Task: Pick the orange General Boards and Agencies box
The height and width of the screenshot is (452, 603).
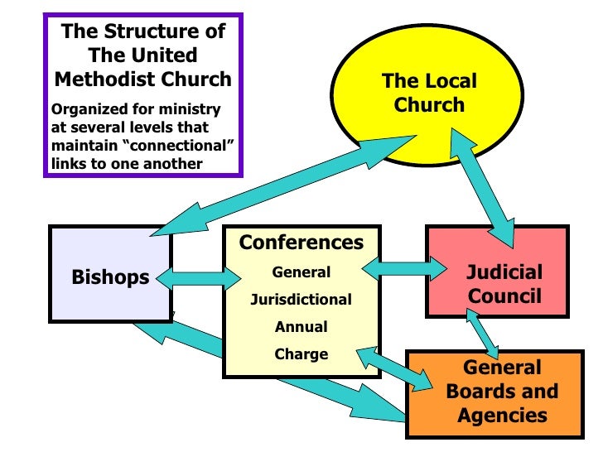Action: (502, 392)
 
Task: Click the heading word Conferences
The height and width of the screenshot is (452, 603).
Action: (301, 243)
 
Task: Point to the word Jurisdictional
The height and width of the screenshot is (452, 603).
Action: (301, 299)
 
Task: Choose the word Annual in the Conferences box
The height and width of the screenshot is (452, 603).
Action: (301, 326)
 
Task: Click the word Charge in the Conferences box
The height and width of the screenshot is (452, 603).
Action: (301, 353)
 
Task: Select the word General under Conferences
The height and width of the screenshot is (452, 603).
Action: (301, 272)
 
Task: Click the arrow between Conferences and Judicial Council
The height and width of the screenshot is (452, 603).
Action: (402, 267)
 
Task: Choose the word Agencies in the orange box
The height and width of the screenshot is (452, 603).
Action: (502, 415)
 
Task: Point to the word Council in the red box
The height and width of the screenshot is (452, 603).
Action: (504, 296)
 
